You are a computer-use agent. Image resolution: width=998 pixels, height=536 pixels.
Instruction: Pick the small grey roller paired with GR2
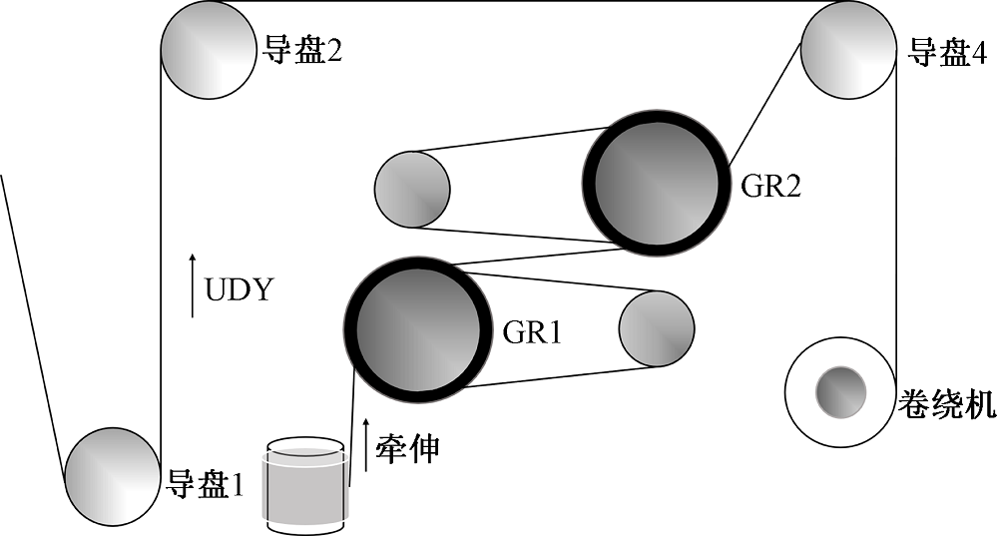411,187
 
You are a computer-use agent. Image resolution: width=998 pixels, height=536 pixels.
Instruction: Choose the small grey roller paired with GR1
656,327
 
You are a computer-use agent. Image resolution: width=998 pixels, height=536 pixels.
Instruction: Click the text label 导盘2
302,50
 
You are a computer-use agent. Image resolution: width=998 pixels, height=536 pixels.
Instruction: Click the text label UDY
239,290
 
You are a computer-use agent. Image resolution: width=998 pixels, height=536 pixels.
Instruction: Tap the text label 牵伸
406,448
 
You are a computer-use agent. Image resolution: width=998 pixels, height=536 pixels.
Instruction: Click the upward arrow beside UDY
193,285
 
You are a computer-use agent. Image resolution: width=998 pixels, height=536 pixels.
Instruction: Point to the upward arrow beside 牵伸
365,445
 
